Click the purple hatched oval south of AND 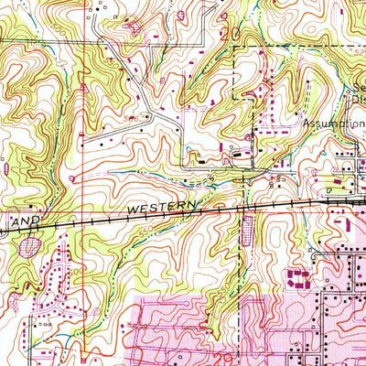click(31, 245)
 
